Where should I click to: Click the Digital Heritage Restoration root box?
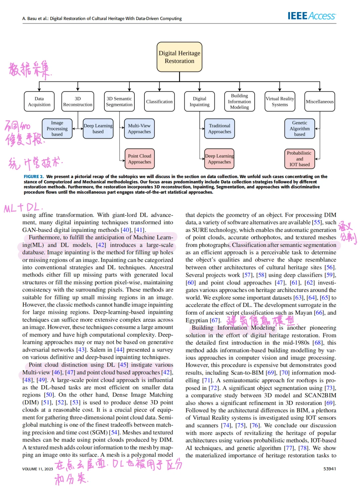(179, 57)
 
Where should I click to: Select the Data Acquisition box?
(39, 101)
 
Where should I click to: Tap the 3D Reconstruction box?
(78, 101)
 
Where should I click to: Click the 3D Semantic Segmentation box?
(119, 101)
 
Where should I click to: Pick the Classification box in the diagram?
(159, 101)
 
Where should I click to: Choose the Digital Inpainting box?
(199, 101)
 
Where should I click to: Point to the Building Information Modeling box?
(239, 101)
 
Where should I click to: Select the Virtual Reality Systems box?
(280, 101)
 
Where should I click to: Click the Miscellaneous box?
(320, 101)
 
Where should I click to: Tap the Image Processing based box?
(57, 128)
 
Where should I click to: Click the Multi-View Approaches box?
(139, 128)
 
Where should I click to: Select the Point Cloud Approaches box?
(140, 159)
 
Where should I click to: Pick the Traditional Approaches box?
(220, 128)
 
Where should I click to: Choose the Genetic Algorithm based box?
(300, 128)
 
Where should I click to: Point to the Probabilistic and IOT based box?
(300, 159)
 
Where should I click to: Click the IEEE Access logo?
(312, 16)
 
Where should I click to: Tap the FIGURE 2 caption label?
(33, 176)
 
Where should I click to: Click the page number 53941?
(329, 469)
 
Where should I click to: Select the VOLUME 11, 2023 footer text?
(38, 469)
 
